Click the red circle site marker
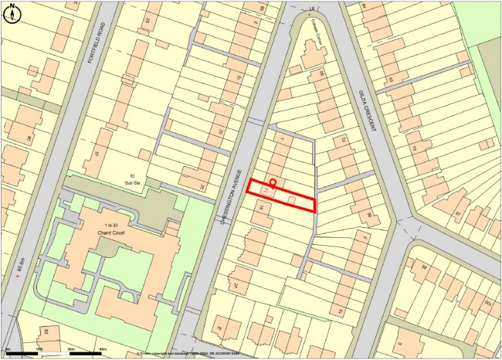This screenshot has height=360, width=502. point(272,182)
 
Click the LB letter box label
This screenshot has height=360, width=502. point(311,8)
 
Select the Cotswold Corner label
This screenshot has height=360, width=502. point(314,31)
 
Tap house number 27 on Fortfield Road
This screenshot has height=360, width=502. point(97,154)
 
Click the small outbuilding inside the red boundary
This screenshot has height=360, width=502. point(292,199)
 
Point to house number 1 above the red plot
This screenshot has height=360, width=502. point(281,139)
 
